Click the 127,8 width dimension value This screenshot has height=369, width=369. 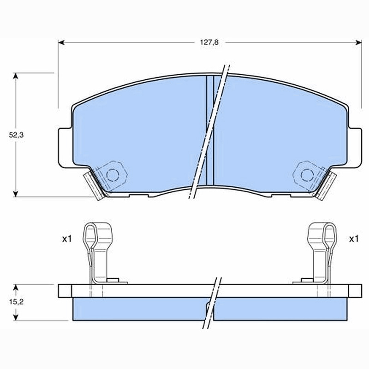click(209, 42)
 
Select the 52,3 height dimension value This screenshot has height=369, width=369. click(16, 135)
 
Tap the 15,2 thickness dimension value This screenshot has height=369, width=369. click(16, 302)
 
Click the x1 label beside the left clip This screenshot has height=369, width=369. click(66, 239)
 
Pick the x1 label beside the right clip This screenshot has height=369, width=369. click(353, 239)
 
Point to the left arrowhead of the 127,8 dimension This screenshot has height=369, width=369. click(61, 42)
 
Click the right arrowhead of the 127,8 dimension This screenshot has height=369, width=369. click(359, 42)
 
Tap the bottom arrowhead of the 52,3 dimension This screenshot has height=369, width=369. click(16, 194)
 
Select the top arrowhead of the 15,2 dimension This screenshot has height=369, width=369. click(16, 287)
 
